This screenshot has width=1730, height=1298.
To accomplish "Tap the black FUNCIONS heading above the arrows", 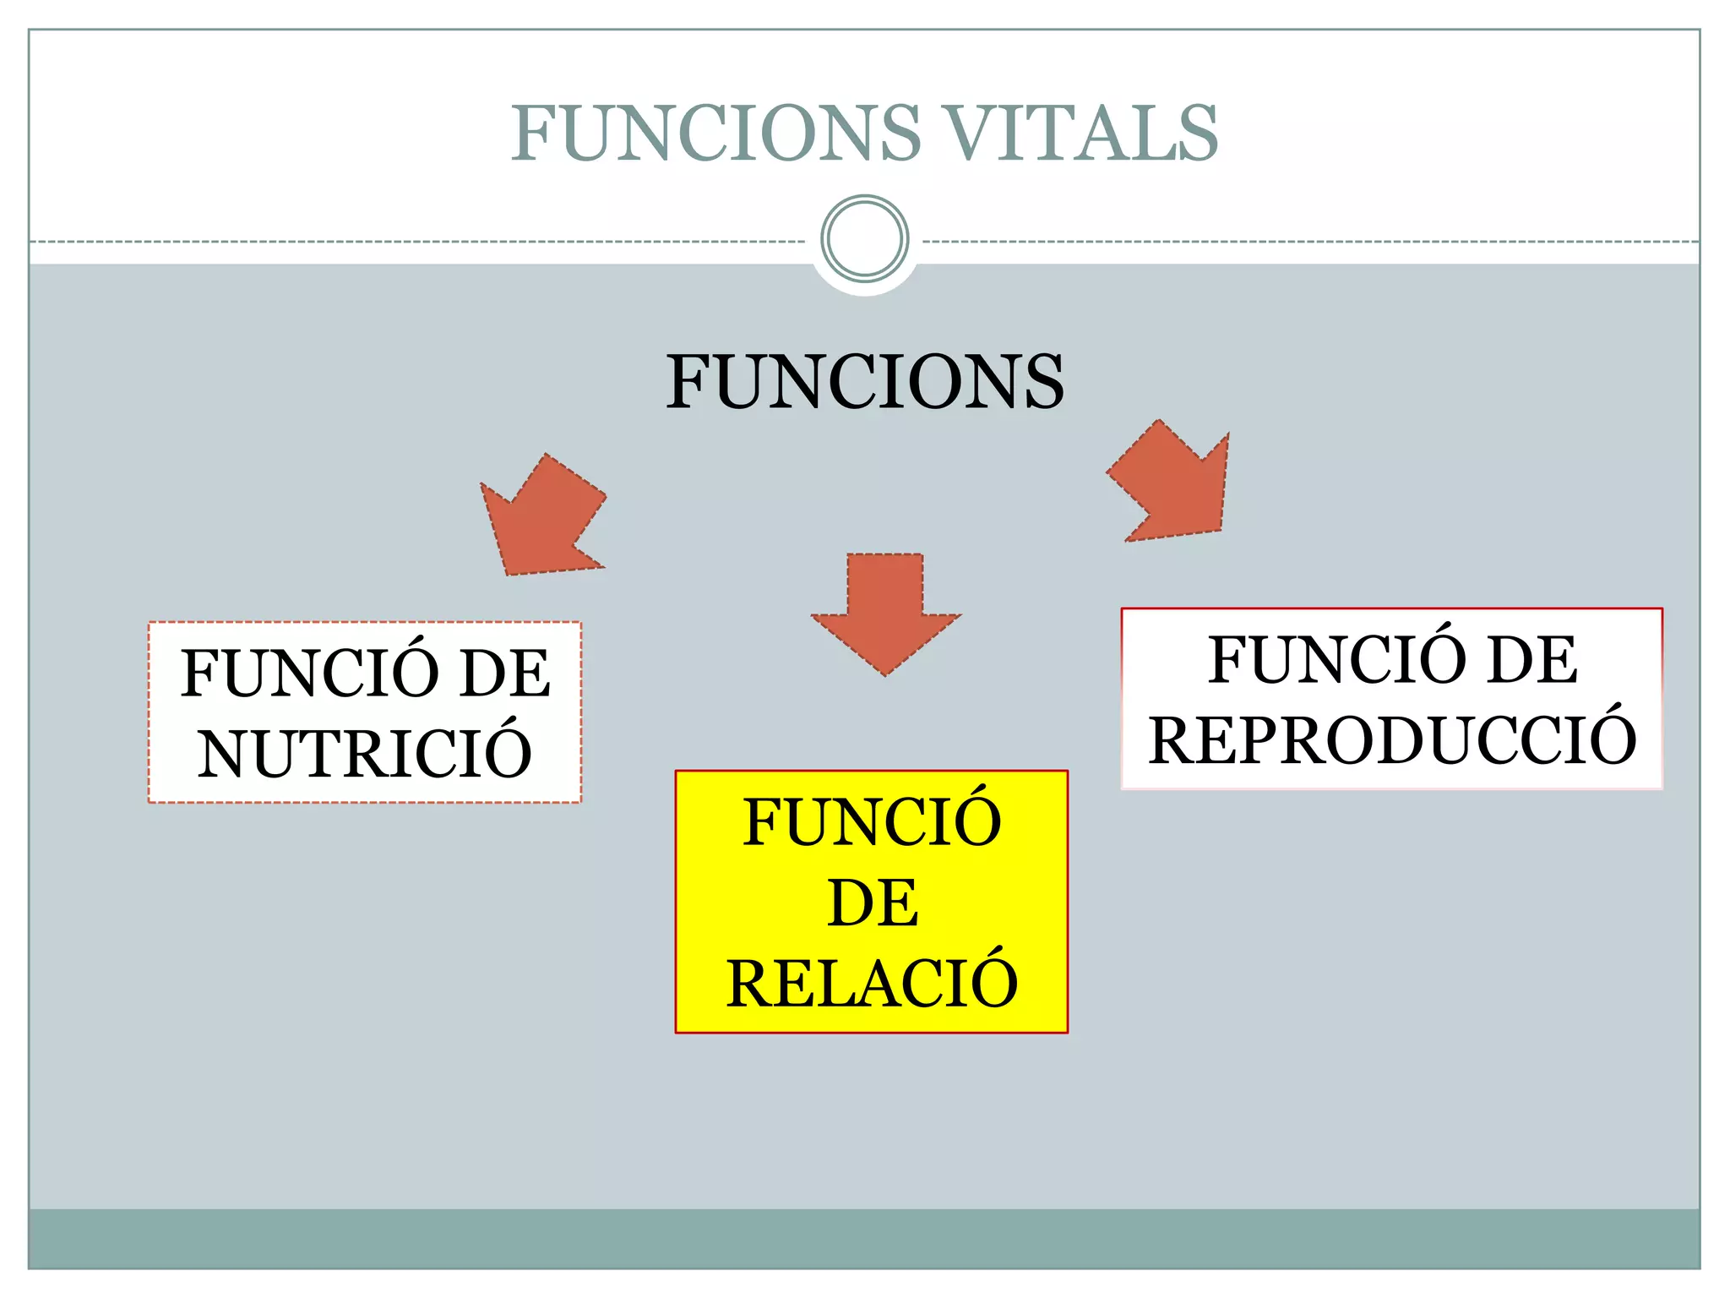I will (864, 382).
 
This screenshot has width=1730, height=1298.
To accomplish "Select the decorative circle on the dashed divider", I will (864, 238).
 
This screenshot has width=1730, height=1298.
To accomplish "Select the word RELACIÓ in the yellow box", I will (872, 984).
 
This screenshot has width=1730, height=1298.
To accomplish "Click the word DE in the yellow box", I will (872, 903).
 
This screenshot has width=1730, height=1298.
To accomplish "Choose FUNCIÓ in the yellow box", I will (872, 822).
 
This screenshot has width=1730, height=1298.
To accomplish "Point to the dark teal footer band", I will (864, 1238).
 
